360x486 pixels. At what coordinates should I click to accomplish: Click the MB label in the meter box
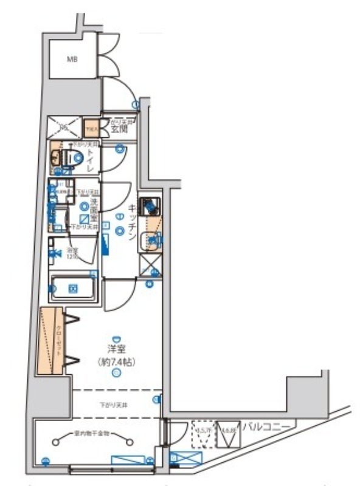(x=72, y=60)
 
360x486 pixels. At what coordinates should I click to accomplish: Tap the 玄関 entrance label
(x=118, y=128)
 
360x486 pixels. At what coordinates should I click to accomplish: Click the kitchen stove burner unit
(x=150, y=207)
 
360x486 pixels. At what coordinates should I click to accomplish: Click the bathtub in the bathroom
(x=73, y=287)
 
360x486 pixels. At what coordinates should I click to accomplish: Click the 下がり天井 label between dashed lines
(x=114, y=403)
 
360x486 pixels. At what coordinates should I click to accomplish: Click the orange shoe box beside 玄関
(x=91, y=128)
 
